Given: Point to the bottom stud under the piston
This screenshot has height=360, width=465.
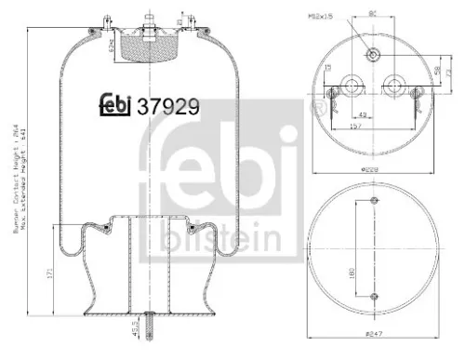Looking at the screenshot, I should (x=149, y=322).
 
